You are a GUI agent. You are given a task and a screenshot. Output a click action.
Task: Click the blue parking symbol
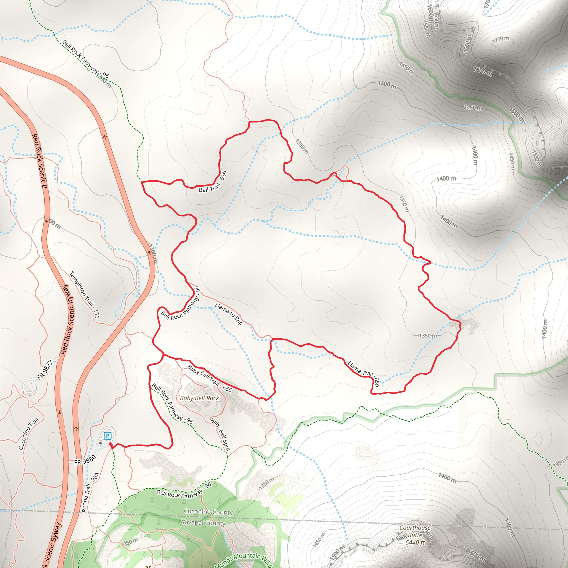(108, 435)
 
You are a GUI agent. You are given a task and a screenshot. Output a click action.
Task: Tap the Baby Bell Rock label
(199, 398)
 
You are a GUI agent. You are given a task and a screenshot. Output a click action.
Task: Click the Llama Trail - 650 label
(364, 372)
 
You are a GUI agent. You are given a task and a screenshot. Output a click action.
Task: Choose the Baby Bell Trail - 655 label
(210, 378)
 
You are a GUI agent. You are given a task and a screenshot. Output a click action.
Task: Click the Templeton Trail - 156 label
(84, 295)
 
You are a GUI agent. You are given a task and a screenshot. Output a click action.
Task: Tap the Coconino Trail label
(29, 434)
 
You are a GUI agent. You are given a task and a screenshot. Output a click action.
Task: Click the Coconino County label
(208, 512)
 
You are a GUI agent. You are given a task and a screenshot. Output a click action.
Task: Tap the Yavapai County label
(204, 523)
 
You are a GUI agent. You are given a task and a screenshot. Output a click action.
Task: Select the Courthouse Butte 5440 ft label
(415, 535)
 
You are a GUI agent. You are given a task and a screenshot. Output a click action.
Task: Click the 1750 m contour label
(500, 39)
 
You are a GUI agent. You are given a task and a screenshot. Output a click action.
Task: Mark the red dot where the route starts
(110, 444)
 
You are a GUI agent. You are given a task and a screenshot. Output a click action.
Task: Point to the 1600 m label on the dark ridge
(483, 71)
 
